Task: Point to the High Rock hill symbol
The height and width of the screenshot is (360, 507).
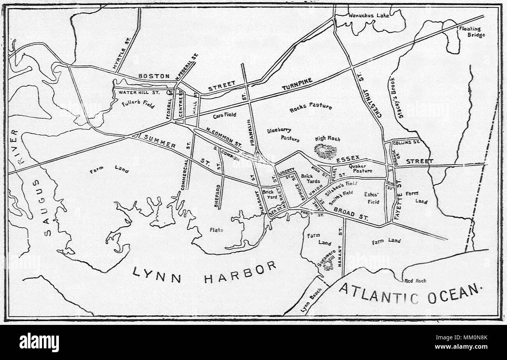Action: [x=325, y=151]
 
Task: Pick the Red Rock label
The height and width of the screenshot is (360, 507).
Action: [x=416, y=280]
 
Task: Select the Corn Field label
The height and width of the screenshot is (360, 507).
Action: [x=225, y=115]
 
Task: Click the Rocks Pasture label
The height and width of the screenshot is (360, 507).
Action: [x=310, y=106]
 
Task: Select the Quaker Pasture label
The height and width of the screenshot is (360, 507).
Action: [x=360, y=168]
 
